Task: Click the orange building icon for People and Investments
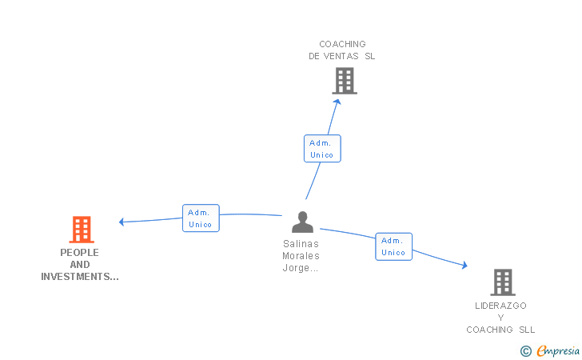(81, 230)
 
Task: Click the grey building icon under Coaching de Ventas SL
(344, 81)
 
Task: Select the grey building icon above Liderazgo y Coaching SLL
(502, 282)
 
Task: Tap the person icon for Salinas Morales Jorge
(302, 222)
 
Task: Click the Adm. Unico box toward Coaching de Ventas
(322, 149)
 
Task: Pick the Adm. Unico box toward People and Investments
(200, 218)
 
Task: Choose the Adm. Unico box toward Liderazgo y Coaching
(393, 246)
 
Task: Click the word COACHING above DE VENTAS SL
(342, 44)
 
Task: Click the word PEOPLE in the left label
(80, 252)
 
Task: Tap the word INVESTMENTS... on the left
(80, 277)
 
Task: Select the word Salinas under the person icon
(301, 244)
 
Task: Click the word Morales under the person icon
(301, 256)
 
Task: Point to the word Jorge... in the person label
(301, 268)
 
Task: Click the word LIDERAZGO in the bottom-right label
(501, 306)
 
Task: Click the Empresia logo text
(559, 350)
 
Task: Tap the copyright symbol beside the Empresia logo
(525, 350)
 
